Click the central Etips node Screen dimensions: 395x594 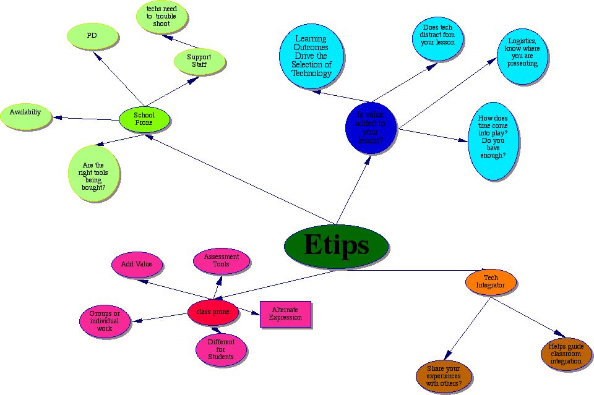click(336, 246)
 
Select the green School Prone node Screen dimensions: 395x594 click(144, 119)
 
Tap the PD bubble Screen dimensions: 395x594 click(92, 36)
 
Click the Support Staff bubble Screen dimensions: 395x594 click(199, 61)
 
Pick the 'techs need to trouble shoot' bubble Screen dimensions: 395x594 click(161, 17)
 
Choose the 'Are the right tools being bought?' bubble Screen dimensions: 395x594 click(93, 174)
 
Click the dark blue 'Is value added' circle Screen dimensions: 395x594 click(371, 127)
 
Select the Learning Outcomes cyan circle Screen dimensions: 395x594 click(311, 56)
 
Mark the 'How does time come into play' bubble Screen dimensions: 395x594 click(493, 142)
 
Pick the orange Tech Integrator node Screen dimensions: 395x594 click(491, 282)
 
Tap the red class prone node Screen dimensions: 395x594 click(213, 312)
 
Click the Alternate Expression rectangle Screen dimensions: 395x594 click(285, 313)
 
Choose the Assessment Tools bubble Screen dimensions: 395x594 click(221, 261)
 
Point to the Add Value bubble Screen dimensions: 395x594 click(137, 264)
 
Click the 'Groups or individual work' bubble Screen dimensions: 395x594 click(105, 321)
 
